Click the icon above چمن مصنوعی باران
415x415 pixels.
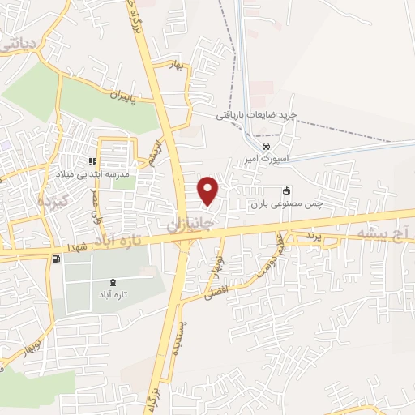click(286, 191)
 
